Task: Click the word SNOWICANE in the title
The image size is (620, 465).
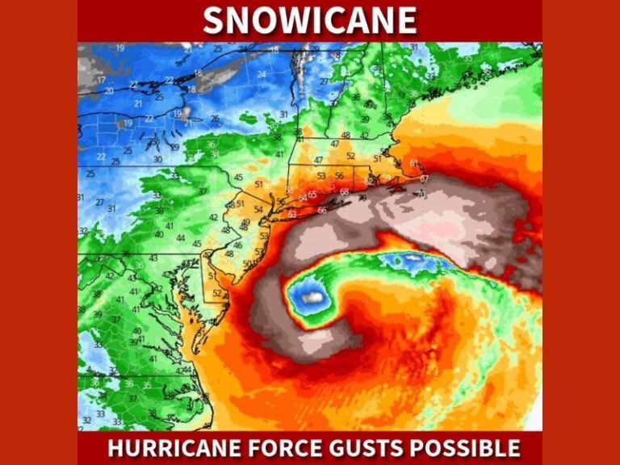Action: coord(310,20)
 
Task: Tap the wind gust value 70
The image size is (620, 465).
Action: coord(421,195)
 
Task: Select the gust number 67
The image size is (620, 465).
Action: coord(425,179)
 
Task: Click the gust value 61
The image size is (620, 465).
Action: coord(414,164)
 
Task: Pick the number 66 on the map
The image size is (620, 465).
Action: coord(322,211)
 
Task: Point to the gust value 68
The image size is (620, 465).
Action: coord(345,192)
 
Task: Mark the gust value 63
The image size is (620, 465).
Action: coord(292,214)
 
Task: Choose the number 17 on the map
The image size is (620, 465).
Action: coord(102,80)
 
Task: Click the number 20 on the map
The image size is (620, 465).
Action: coord(109,91)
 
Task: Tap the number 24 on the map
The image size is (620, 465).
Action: coord(262,74)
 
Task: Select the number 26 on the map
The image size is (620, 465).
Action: coord(215,119)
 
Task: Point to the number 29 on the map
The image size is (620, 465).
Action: coord(174,147)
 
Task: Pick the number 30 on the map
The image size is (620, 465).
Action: coord(157,159)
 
